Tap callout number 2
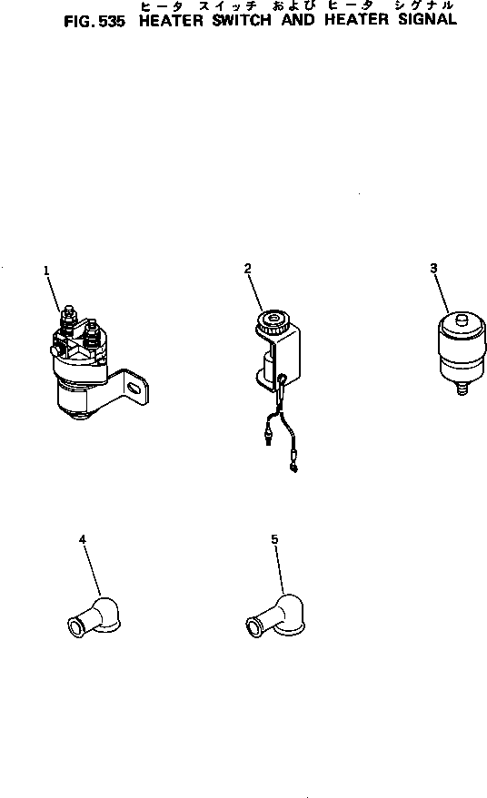tap(247, 267)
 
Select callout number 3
tap(433, 268)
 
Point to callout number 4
tap(83, 539)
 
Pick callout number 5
tap(274, 539)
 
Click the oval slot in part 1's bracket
tap(134, 389)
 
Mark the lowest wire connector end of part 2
tap(293, 468)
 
